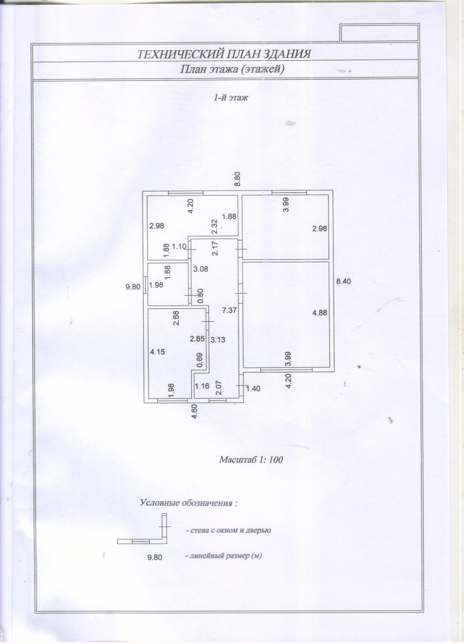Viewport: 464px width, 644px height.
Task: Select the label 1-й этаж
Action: click(231, 98)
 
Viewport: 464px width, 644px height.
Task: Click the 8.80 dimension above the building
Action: click(238, 179)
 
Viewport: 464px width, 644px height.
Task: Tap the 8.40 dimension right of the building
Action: click(343, 281)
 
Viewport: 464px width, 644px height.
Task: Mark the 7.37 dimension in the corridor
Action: click(229, 310)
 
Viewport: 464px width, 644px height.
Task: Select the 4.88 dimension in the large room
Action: click(319, 313)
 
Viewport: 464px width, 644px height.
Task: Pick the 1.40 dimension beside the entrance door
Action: click(253, 388)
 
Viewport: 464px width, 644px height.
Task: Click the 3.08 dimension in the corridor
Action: click(201, 269)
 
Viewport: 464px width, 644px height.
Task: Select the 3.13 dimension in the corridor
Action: click(218, 339)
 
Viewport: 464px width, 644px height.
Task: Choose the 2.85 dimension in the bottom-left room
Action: click(197, 339)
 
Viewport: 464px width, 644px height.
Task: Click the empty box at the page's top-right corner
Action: click(379, 33)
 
